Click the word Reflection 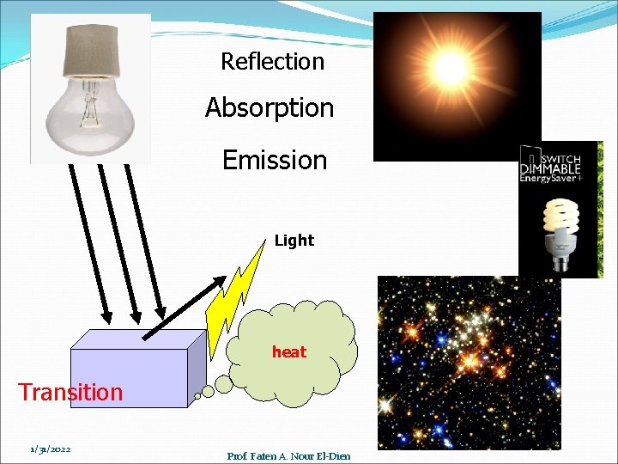(x=272, y=62)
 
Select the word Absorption (x=270, y=108)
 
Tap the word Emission (x=275, y=160)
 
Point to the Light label (x=294, y=241)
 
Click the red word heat (x=288, y=351)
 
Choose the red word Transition (x=70, y=393)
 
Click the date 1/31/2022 (x=50, y=449)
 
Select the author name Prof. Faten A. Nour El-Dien (x=288, y=455)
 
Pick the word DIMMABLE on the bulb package (x=550, y=168)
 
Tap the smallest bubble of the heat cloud (x=197, y=396)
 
